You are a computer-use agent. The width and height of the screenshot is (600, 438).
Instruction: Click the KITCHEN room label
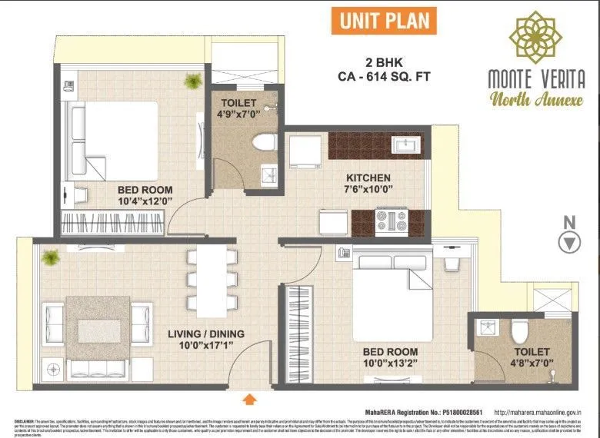[368, 178]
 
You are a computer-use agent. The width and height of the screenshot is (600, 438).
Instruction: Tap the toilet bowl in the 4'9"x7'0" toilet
[265, 143]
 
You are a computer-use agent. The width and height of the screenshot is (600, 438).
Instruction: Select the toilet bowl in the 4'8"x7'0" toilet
[519, 330]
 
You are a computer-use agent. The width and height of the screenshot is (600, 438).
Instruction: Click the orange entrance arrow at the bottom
[250, 398]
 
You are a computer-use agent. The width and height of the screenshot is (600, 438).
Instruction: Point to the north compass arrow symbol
[569, 243]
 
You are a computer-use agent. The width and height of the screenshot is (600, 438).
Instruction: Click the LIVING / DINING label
[205, 333]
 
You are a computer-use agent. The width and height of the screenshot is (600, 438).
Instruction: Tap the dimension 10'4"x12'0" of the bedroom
[145, 202]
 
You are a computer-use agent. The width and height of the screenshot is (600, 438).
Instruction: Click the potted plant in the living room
[51, 257]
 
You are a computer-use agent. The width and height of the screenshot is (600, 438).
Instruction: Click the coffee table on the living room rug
[98, 330]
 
